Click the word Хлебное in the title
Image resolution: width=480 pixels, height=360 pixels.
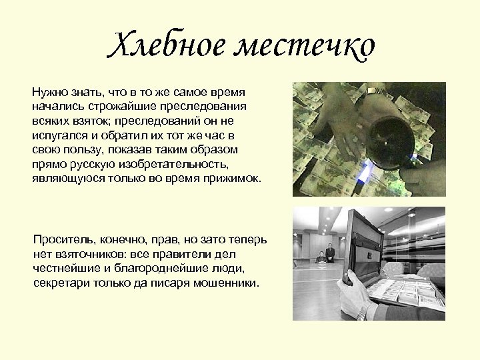(160, 45)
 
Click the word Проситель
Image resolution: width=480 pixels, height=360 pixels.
(64, 239)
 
